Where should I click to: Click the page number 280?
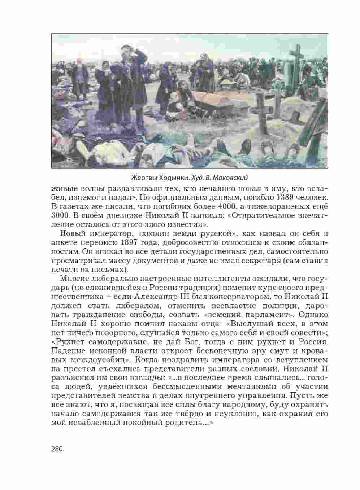[57, 449]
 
